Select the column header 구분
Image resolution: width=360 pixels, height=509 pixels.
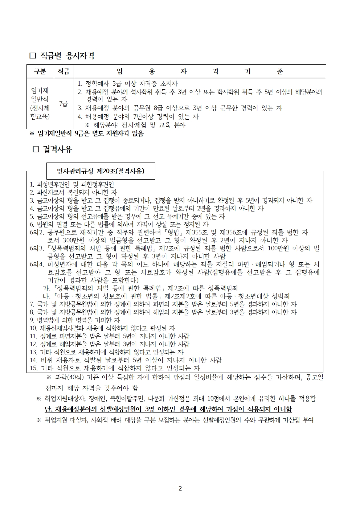click(40, 71)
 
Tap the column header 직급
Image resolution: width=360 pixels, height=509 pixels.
click(64, 71)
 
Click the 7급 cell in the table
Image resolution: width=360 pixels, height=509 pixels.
click(64, 104)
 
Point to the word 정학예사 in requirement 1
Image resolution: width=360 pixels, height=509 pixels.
click(98, 84)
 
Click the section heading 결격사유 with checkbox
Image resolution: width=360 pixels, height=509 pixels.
click(57, 149)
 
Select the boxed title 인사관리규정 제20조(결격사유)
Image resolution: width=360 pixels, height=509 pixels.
click(101, 171)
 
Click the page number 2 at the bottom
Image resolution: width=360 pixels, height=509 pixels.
click(180, 488)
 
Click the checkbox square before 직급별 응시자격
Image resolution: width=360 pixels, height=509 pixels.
click(32, 56)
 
